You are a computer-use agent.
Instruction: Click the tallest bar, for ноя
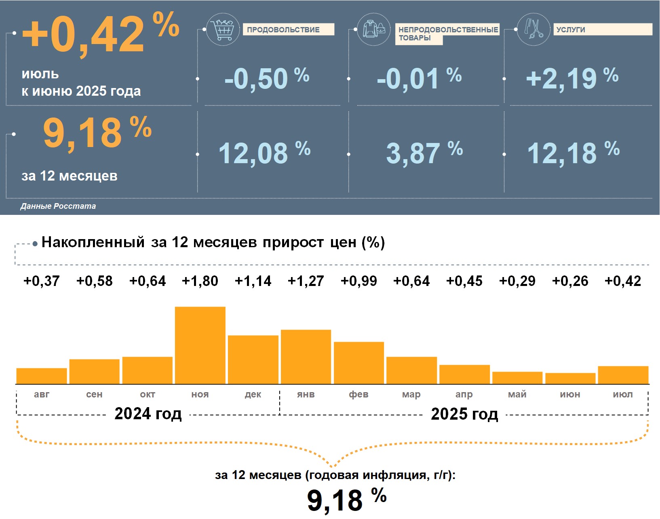pyautogui.click(x=200, y=345)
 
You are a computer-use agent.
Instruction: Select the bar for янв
pyautogui.click(x=306, y=357)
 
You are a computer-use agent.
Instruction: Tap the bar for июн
pyautogui.click(x=570, y=378)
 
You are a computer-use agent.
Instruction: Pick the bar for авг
pyautogui.click(x=42, y=376)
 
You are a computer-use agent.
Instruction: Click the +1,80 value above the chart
pyautogui.click(x=200, y=281)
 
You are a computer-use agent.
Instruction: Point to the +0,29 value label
pyautogui.click(x=517, y=281)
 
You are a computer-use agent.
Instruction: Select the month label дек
pyautogui.click(x=253, y=395)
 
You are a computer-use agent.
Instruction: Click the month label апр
pyautogui.click(x=464, y=395)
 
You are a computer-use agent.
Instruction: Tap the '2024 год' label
pyautogui.click(x=148, y=414)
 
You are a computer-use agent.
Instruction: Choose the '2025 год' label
pyautogui.click(x=464, y=414)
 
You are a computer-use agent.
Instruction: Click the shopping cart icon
pyautogui.click(x=223, y=29)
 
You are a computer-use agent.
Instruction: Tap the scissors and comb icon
pyautogui.click(x=533, y=29)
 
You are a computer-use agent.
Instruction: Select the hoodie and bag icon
pyautogui.click(x=374, y=29)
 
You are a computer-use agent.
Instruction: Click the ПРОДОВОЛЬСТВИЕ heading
pyautogui.click(x=283, y=30)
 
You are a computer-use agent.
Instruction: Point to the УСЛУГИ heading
pyautogui.click(x=570, y=30)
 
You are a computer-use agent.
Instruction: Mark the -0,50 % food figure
pyautogui.click(x=267, y=78)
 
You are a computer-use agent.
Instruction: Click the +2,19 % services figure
pyautogui.click(x=572, y=78)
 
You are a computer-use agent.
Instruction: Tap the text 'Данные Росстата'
pyautogui.click(x=58, y=206)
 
